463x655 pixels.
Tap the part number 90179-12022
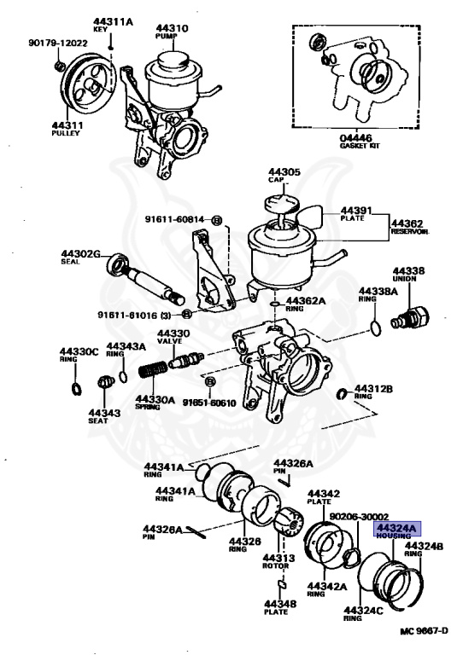tap(57, 43)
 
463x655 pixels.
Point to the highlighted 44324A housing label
tap(394, 530)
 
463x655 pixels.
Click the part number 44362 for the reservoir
tap(409, 221)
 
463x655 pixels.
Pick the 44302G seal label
tap(81, 253)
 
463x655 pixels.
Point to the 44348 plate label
tap(281, 605)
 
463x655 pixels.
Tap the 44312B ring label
tap(373, 389)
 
